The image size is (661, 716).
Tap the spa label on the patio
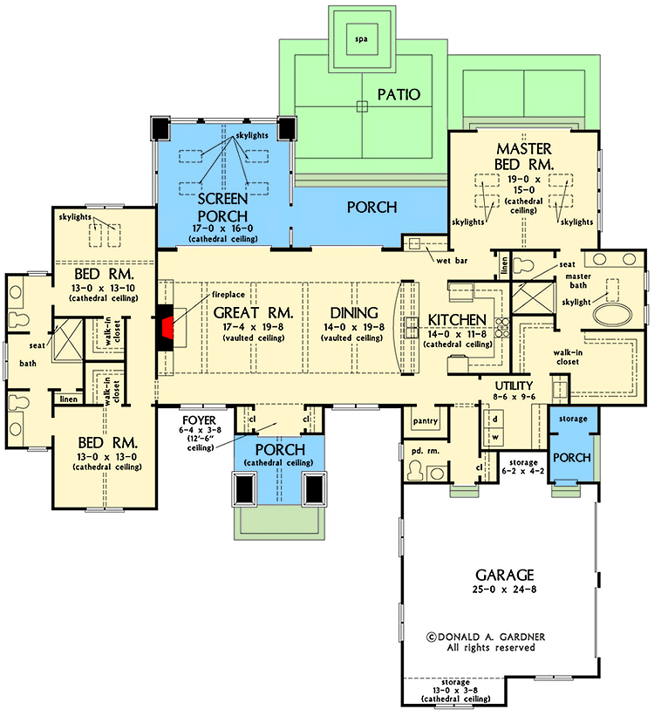tap(359, 39)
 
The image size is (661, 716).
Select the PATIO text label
tap(399, 93)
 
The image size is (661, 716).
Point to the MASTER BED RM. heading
tap(523, 157)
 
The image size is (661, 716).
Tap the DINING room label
tap(354, 312)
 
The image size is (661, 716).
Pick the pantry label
tap(424, 421)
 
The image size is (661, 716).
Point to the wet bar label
tap(450, 259)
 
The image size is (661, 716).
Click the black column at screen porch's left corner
tap(160, 128)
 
